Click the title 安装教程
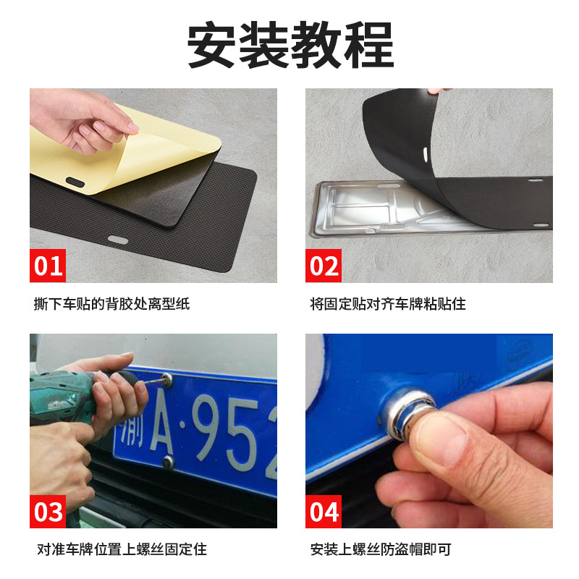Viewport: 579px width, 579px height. click(290, 44)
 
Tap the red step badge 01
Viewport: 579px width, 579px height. click(48, 266)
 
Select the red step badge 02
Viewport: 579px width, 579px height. click(324, 266)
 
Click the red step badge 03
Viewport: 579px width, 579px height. click(48, 512)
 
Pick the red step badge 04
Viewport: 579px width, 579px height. click(324, 512)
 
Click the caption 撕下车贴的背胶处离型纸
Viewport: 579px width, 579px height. click(111, 304)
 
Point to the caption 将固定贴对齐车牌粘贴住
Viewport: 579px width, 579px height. click(388, 304)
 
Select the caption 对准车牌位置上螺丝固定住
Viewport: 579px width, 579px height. click(122, 549)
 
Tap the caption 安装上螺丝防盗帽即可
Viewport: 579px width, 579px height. click(381, 549)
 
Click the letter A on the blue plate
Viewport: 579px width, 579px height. click(161, 420)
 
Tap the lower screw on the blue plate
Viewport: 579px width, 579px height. click(168, 461)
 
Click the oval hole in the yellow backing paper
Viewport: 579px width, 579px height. click(75, 182)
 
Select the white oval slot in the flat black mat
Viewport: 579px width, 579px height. click(118, 240)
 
